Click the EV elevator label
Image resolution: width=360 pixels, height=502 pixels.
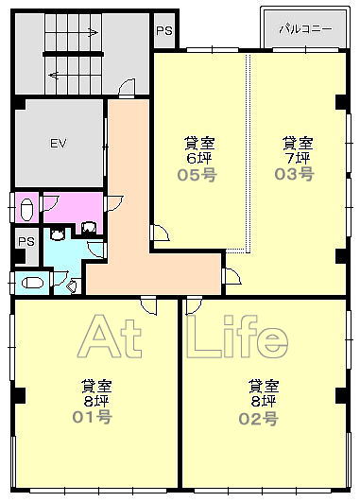(x=59, y=143)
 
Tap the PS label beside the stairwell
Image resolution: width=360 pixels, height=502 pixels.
(x=164, y=31)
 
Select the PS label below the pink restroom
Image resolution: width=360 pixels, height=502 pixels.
(x=26, y=241)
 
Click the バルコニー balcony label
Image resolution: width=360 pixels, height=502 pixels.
(x=305, y=29)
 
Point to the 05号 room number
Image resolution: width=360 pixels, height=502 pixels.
(x=197, y=175)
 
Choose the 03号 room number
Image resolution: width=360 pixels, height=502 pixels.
(x=295, y=174)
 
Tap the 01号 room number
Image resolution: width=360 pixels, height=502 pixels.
(x=93, y=417)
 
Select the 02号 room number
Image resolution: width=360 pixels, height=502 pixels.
(x=259, y=419)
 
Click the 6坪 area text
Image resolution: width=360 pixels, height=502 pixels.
(x=199, y=158)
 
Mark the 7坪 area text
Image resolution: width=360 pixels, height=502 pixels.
(x=298, y=158)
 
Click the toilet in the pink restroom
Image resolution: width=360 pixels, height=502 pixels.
(x=26, y=209)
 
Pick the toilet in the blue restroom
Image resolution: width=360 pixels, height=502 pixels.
(x=32, y=283)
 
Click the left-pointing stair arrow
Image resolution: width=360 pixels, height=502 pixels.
(x=54, y=76)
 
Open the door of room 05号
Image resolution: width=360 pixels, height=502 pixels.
(x=160, y=233)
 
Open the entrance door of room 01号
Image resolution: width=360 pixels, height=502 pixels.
(x=148, y=305)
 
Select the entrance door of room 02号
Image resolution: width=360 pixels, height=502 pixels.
(x=194, y=305)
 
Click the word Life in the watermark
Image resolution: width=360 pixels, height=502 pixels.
(x=237, y=338)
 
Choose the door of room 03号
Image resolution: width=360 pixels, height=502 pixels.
(x=231, y=276)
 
